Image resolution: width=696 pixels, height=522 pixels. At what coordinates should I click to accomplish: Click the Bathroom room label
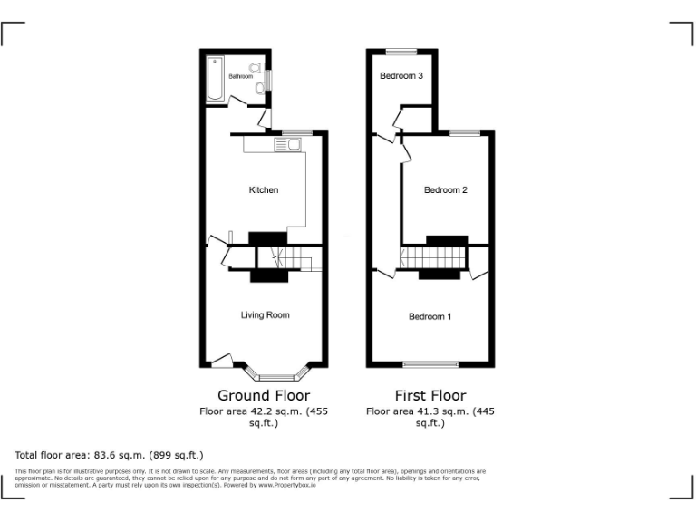click(240, 77)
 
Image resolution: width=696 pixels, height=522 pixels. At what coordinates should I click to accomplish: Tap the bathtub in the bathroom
click(216, 79)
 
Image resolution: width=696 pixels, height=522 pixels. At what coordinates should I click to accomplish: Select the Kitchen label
click(264, 190)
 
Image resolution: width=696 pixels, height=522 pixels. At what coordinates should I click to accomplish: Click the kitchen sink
click(292, 143)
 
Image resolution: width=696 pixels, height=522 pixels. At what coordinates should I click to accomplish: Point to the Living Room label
click(265, 315)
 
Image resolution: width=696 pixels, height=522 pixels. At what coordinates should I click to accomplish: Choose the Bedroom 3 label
click(401, 76)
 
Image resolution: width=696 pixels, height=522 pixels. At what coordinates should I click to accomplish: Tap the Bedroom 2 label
click(446, 190)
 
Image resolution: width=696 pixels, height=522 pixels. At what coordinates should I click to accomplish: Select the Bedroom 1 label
click(430, 316)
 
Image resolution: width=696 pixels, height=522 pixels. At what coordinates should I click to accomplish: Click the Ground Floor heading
click(264, 395)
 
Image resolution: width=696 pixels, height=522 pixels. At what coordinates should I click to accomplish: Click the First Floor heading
click(430, 395)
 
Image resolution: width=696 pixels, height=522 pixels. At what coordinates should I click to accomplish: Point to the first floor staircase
click(433, 261)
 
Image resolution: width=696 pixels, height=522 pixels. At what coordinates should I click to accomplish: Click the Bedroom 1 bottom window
click(430, 365)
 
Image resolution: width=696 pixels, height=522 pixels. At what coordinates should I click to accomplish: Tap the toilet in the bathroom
click(256, 68)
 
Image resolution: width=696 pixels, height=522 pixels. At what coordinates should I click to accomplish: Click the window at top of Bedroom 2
click(465, 132)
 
